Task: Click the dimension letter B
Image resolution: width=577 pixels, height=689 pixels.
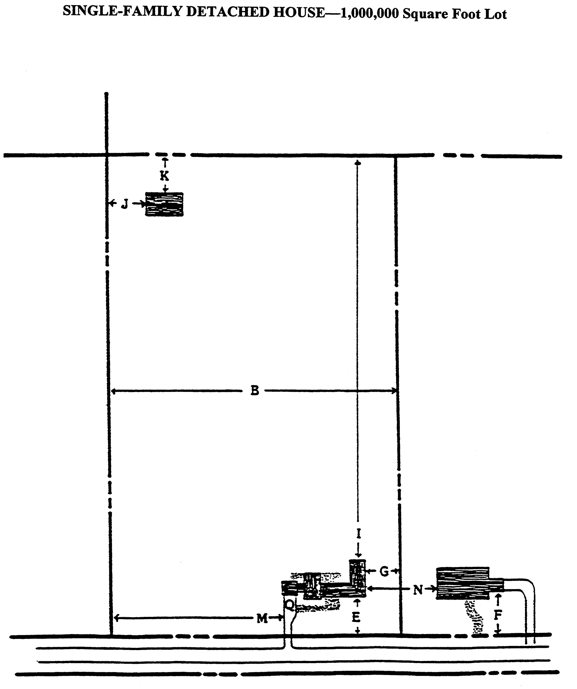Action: pyautogui.click(x=255, y=391)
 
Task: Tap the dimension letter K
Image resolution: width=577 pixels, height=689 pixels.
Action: pyautogui.click(x=164, y=176)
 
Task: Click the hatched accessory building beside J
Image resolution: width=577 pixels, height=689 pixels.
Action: pyautogui.click(x=164, y=204)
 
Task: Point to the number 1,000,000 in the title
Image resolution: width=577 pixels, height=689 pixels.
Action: pyautogui.click(x=370, y=13)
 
